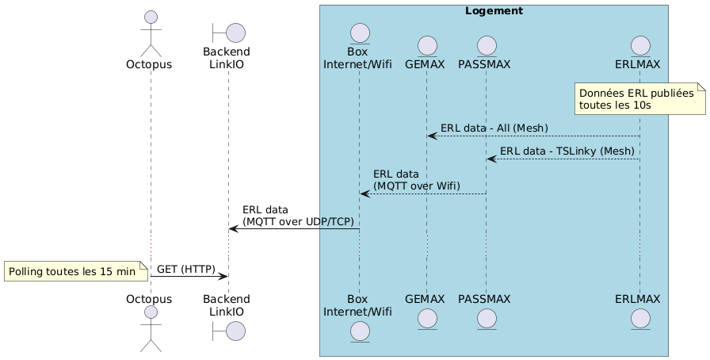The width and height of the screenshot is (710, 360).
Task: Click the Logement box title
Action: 494,11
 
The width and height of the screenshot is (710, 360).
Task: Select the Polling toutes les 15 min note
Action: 76,272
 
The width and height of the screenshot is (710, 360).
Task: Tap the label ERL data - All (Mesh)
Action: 494,128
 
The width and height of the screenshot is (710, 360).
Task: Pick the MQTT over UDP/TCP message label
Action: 298,215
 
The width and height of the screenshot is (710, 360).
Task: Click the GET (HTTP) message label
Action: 186,269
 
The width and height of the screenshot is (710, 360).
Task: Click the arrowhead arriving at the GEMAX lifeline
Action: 432,136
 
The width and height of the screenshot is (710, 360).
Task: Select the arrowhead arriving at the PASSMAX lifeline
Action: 492,159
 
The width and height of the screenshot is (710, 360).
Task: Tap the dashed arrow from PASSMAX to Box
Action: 423,193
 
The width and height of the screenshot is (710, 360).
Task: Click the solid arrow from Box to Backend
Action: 294,229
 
